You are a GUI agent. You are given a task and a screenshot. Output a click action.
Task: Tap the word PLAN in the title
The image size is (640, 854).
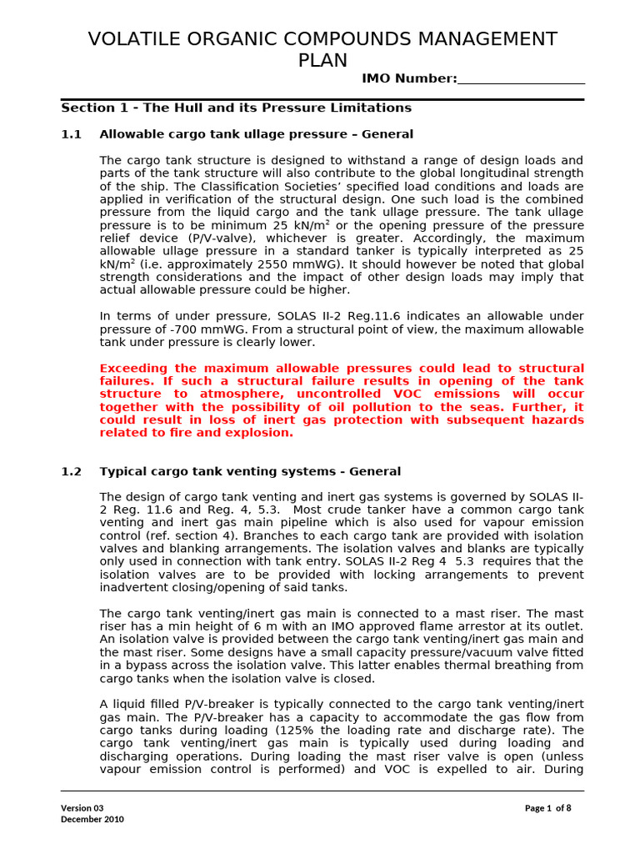322,61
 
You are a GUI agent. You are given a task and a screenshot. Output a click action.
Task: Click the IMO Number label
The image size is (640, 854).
409,78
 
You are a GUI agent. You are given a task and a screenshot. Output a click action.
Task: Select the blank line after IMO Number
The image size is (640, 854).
521,79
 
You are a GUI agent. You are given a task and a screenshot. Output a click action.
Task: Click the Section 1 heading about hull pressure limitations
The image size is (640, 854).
236,108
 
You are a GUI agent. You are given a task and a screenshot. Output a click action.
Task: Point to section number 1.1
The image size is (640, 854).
72,134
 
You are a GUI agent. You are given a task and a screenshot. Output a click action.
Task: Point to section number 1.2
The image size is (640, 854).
72,471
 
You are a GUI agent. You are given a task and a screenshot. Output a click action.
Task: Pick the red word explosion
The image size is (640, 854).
262,433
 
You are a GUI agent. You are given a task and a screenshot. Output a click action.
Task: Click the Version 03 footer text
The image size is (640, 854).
82,807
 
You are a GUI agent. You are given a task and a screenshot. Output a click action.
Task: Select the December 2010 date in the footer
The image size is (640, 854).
92,819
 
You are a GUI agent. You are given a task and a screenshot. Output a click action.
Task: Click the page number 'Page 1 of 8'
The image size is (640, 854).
547,807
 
